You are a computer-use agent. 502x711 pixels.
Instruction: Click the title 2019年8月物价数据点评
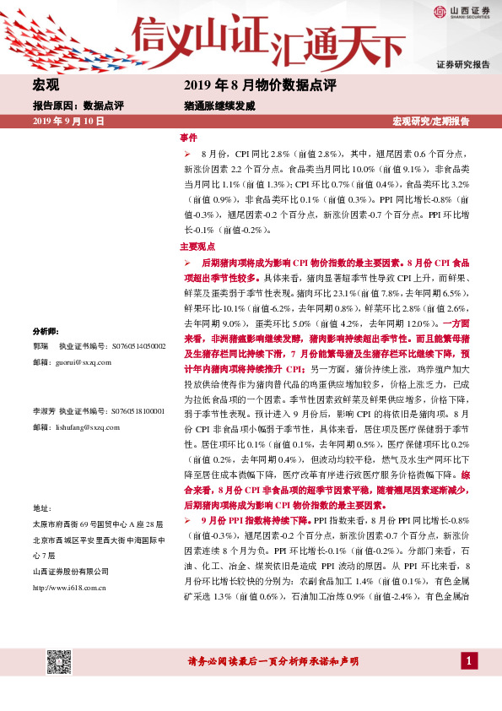pyautogui.click(x=259, y=85)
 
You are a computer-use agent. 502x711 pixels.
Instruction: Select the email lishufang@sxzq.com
pyautogui.click(x=87, y=427)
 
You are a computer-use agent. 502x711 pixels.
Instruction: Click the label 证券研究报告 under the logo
pyautogui.click(x=463, y=64)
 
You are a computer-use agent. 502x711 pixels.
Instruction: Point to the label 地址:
pyautogui.click(x=41, y=508)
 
